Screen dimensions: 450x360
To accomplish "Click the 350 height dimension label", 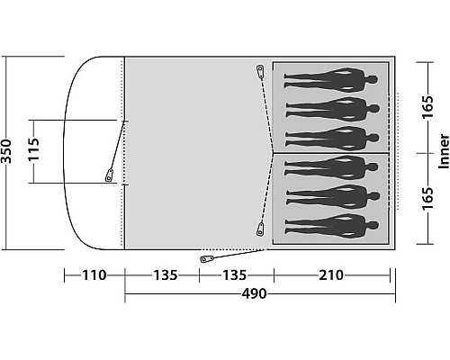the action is point(6,151).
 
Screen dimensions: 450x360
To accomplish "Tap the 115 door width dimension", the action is point(34,149).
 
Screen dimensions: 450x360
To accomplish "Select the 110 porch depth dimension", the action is point(94,275).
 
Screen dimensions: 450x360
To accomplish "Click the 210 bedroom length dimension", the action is point(331,275).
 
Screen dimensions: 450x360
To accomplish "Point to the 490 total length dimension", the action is point(254,293).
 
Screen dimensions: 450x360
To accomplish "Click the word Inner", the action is point(445,151).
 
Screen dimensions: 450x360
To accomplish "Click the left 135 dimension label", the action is point(166,275).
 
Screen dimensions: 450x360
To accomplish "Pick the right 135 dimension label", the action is point(234,275).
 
